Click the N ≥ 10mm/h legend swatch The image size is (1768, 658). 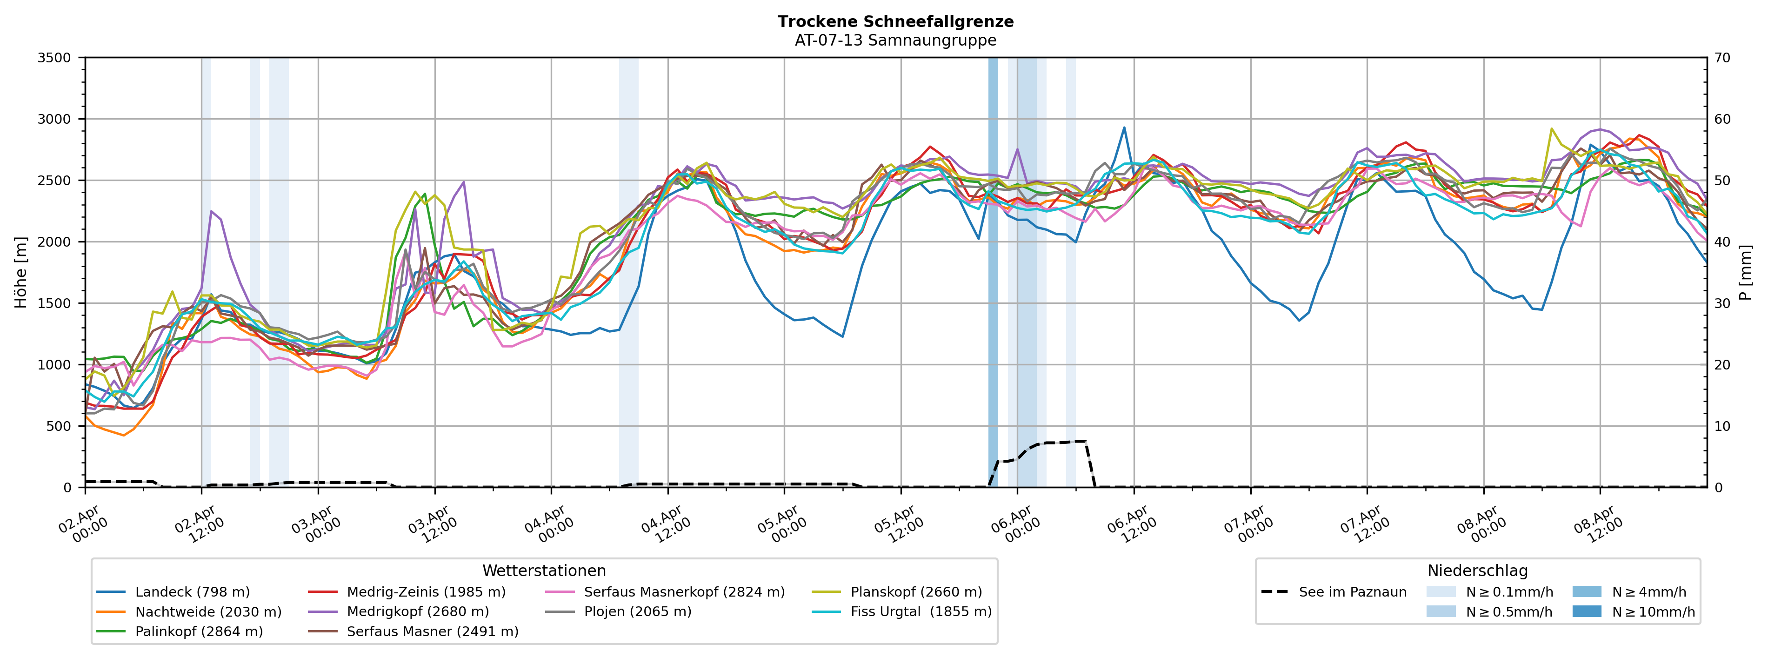1586,612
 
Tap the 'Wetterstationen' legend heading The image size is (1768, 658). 544,571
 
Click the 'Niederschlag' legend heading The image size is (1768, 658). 1477,571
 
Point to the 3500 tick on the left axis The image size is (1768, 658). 54,58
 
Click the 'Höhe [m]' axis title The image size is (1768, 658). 20,272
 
